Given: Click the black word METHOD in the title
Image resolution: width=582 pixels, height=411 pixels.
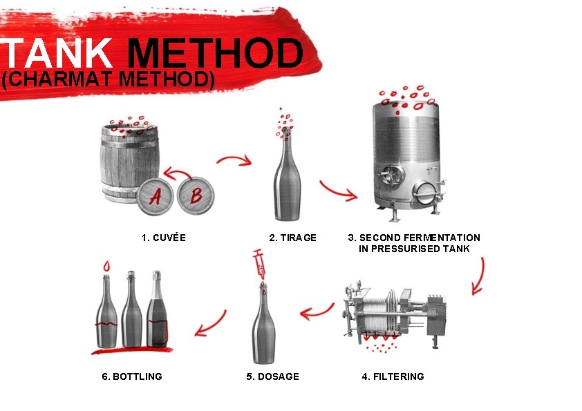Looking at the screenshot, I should click(215, 54).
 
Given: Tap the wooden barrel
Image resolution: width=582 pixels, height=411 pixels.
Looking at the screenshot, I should click(129, 162).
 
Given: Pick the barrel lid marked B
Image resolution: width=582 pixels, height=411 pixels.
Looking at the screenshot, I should click(196, 195).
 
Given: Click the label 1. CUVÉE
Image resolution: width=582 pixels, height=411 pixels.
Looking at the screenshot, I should click(163, 238).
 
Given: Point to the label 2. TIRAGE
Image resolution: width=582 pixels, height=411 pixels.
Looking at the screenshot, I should click(292, 238).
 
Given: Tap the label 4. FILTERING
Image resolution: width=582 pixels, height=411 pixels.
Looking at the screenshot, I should click(393, 376).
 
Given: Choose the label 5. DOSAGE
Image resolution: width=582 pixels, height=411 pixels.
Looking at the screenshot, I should click(272, 376).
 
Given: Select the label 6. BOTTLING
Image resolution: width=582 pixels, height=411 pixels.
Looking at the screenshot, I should click(131, 376).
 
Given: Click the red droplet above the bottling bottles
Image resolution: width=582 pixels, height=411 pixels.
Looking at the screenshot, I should click(106, 266).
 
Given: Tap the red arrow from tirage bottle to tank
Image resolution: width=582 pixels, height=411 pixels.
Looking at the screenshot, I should click(338, 190).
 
